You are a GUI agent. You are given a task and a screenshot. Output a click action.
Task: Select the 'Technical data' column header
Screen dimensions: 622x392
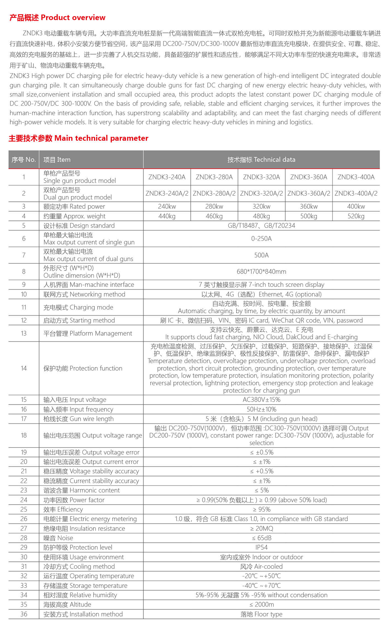pyautogui.click(x=261, y=160)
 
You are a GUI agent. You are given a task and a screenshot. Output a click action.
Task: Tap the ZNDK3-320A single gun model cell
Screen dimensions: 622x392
pyautogui.click(x=261, y=177)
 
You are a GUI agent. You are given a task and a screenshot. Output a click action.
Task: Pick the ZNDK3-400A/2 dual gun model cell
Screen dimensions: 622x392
pyautogui.click(x=356, y=193)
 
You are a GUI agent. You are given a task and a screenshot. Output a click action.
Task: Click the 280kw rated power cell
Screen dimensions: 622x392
pyautogui.click(x=214, y=207)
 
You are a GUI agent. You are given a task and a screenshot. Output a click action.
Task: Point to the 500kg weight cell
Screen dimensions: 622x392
pyautogui.click(x=308, y=216)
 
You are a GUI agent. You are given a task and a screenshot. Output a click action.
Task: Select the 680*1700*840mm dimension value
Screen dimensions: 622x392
pyautogui.click(x=261, y=272)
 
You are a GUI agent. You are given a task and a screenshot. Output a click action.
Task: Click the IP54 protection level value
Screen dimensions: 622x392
pyautogui.click(x=261, y=548)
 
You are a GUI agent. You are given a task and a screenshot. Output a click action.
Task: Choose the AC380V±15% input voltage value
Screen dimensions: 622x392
pyautogui.click(x=261, y=400)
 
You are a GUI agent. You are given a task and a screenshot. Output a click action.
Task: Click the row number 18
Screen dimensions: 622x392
pyautogui.click(x=24, y=435)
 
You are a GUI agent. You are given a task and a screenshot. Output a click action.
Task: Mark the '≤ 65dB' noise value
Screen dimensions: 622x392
pyautogui.click(x=261, y=538)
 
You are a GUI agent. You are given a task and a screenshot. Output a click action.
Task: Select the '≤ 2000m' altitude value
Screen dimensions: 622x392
pyautogui.click(x=261, y=605)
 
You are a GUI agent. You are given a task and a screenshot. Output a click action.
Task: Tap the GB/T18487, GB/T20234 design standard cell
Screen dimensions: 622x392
pyautogui.click(x=261, y=226)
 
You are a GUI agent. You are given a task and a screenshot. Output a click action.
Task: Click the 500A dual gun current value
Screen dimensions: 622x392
pyautogui.click(x=261, y=255)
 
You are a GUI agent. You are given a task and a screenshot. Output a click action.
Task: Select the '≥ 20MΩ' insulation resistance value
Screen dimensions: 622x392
pyautogui.click(x=261, y=529)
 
